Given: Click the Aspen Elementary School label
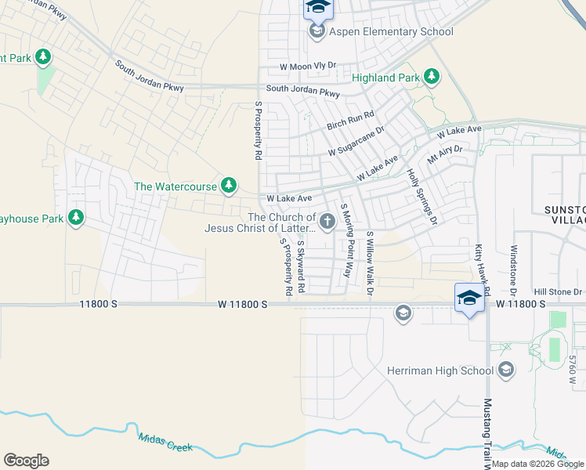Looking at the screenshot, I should (x=392, y=32).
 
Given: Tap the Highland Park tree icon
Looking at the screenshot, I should (x=430, y=76).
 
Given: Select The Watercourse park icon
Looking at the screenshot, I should (x=228, y=186).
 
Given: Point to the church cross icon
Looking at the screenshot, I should (x=327, y=223).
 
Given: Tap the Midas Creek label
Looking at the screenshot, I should (x=165, y=443).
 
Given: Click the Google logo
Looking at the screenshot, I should (x=26, y=461).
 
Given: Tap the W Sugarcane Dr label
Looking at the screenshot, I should (x=356, y=140).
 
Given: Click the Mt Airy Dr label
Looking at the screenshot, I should (x=445, y=154).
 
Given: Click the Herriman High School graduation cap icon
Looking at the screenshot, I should (x=506, y=370).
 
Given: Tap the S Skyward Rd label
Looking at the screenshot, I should (x=300, y=267).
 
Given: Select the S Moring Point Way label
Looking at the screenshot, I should (x=345, y=240).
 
